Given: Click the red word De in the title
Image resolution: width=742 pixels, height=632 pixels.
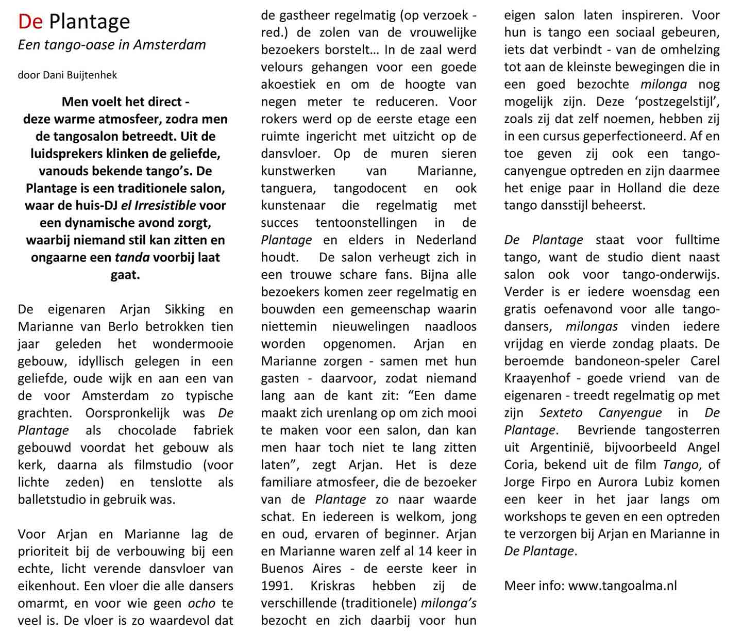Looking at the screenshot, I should pos(31,22).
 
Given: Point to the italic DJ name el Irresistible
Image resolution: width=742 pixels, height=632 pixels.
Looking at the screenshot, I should pos(158,205).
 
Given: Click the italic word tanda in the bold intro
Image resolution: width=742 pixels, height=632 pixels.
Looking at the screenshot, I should pos(128,257).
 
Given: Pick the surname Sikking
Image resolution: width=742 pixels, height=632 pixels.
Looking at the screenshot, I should pos(184,309).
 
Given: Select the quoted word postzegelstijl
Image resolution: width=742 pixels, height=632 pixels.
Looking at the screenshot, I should pos(672,102).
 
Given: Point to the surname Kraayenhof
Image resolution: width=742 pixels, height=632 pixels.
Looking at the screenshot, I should pos(537,378).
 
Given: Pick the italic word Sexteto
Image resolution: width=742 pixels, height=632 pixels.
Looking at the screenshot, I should pos(561,413).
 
